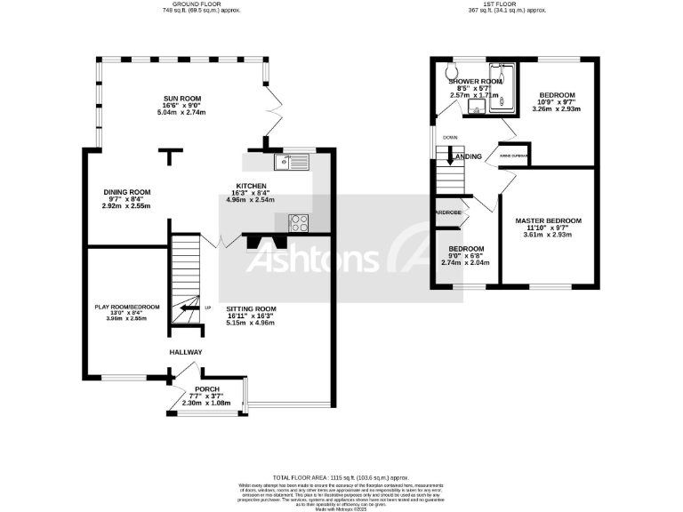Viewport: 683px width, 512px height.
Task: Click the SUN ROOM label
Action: pos(181,98)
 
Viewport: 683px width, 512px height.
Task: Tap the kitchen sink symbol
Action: pos(291,162)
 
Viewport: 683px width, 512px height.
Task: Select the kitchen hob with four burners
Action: pos(298,223)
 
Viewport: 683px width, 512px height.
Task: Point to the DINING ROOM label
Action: pos(126,192)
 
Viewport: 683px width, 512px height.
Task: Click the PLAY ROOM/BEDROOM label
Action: pos(127,307)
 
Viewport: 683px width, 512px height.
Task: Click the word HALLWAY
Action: pos(186,353)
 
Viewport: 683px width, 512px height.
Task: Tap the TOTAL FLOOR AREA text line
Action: pos(341,477)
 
